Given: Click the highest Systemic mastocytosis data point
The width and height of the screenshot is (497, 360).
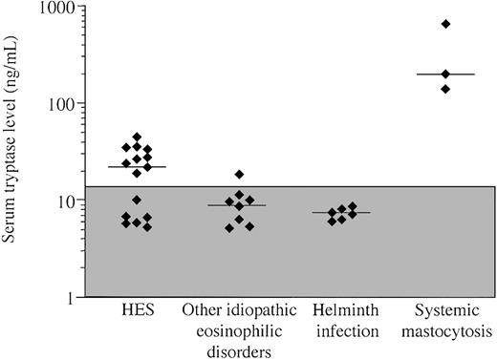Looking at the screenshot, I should pyautogui.click(x=445, y=24).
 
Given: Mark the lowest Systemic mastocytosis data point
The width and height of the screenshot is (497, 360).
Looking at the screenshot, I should pyautogui.click(x=445, y=89).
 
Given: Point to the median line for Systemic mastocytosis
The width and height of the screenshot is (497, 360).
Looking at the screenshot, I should pyautogui.click(x=445, y=74).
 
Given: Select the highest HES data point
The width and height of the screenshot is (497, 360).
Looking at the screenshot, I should pyautogui.click(x=137, y=138).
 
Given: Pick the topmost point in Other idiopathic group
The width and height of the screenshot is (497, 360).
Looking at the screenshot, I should pyautogui.click(x=240, y=175).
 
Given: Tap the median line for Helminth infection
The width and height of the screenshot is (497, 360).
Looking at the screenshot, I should pyautogui.click(x=341, y=213).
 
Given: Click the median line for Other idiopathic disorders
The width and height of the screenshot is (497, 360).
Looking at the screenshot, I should pyautogui.click(x=237, y=205).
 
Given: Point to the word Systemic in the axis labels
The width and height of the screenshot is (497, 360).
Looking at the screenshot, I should pyautogui.click(x=444, y=312).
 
